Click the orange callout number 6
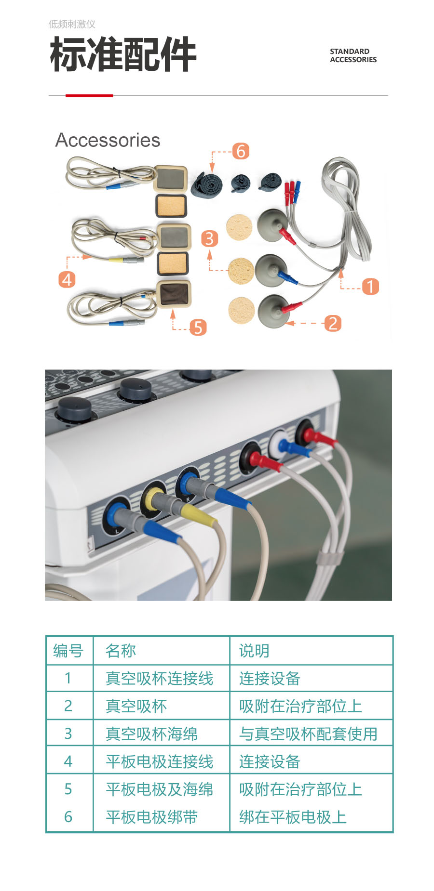tap(241, 151)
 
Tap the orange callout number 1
tap(370, 287)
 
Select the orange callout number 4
tap(67, 279)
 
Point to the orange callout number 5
tap(198, 328)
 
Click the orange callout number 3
tap(209, 238)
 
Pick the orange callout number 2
tap(333, 323)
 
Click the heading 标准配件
tap(123, 55)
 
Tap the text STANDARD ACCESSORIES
tap(353, 55)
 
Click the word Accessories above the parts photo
tap(108, 140)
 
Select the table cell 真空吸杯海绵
tap(151, 734)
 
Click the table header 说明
tap(254, 651)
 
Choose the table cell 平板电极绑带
tap(151, 817)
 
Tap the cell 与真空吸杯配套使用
tap(308, 734)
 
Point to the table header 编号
tap(68, 651)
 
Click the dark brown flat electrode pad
tap(175, 294)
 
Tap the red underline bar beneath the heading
tap(89, 95)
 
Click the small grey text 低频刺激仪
tap(72, 24)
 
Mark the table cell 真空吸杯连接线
tap(159, 678)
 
